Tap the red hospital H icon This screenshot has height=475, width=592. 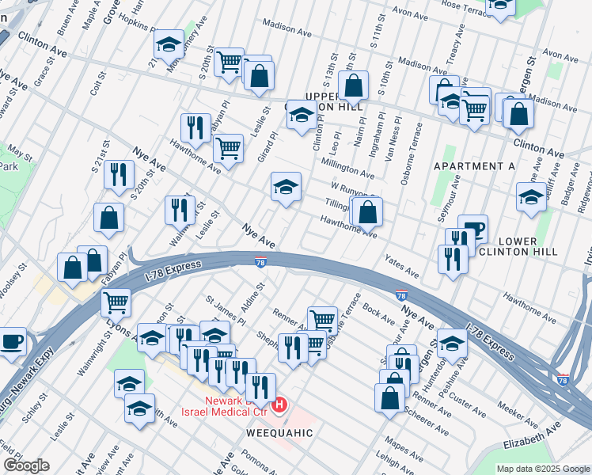coord(279,406)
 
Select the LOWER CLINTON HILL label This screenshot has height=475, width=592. coord(518,246)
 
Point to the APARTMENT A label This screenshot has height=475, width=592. coord(474,166)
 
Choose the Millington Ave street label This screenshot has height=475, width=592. coord(347,167)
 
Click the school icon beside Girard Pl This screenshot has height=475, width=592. coord(286,187)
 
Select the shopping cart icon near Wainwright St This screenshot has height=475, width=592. coord(116,301)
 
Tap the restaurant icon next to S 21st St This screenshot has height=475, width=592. coord(119,174)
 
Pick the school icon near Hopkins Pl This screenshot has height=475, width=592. coord(168,46)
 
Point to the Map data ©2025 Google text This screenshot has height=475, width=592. coord(542,469)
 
